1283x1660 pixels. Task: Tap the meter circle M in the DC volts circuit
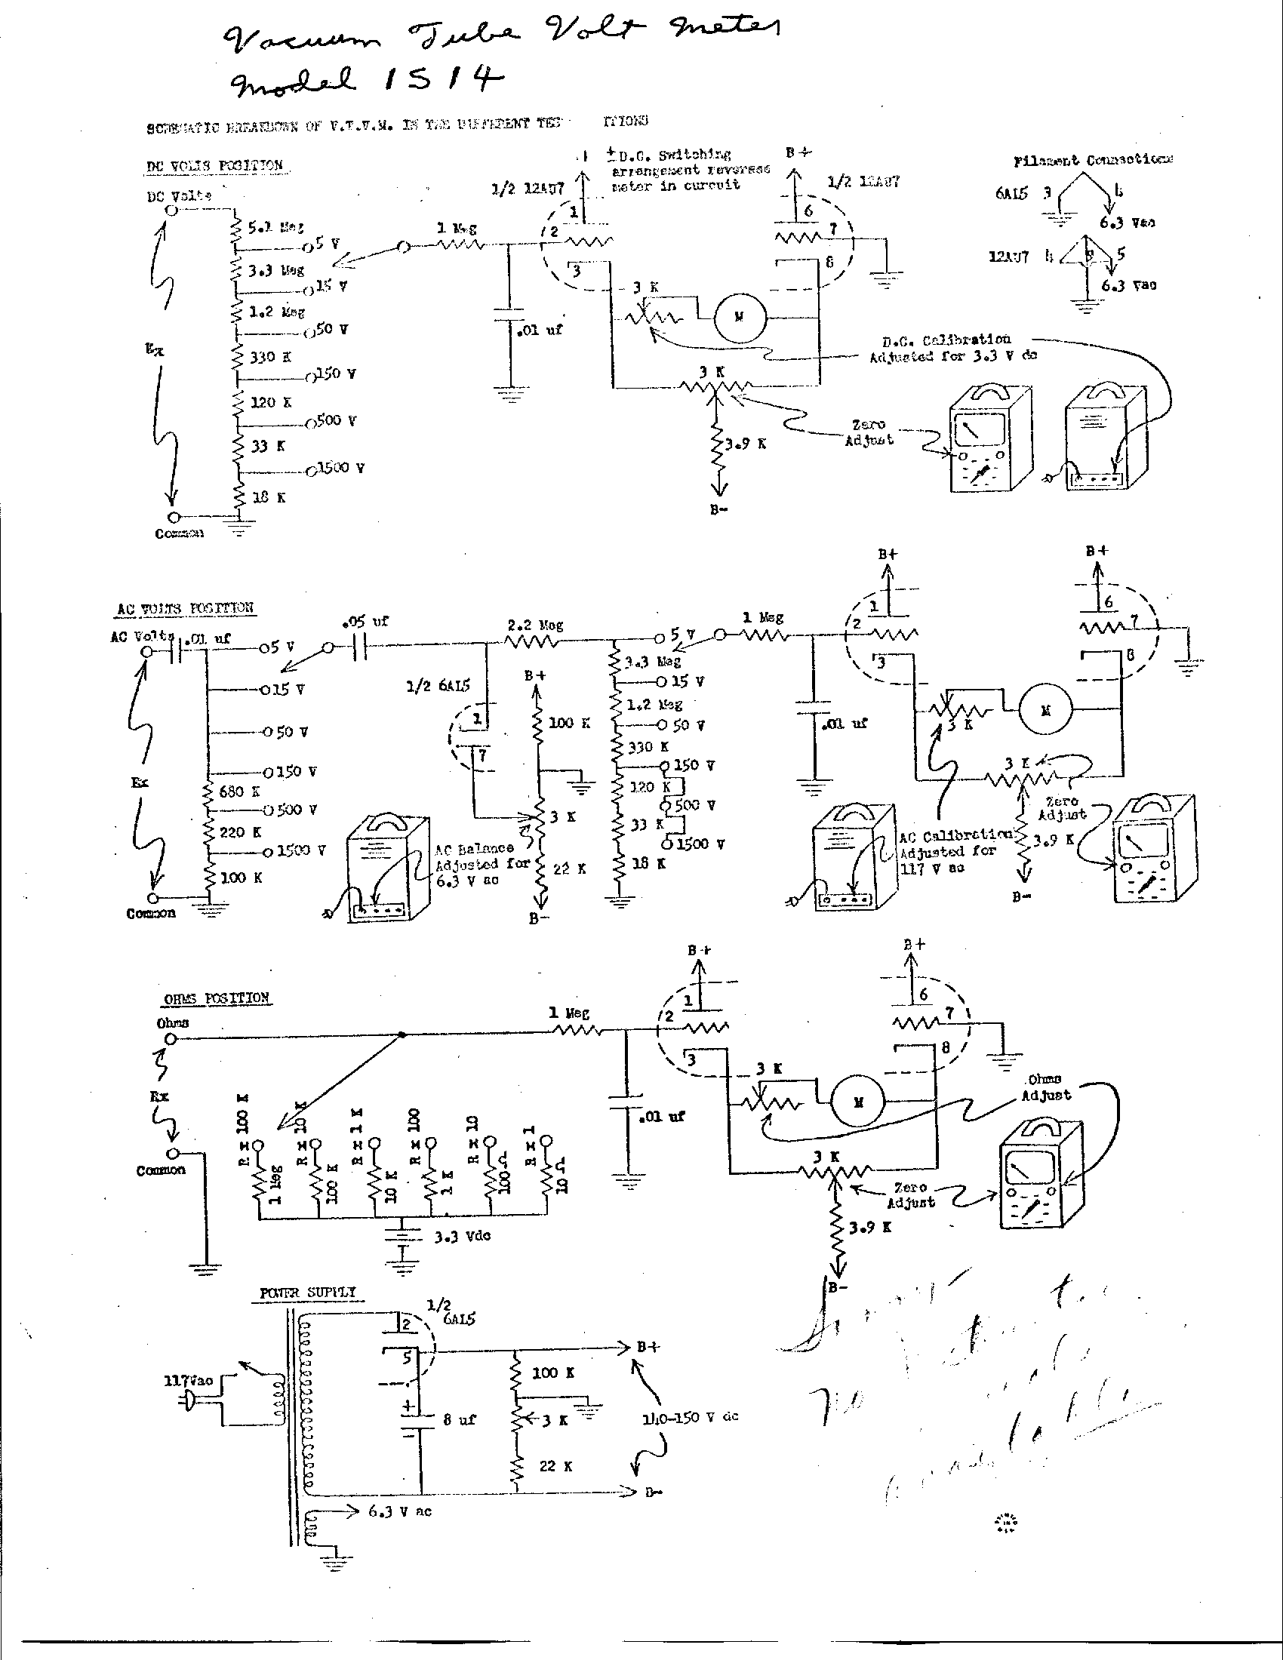[739, 317]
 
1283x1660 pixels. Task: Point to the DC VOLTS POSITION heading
[215, 166]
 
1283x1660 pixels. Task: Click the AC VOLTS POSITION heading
[186, 609]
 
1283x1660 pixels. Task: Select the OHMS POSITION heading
[217, 998]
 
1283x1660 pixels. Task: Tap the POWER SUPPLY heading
[308, 1293]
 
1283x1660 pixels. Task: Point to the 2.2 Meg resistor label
[535, 625]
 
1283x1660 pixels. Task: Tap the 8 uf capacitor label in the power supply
[460, 1419]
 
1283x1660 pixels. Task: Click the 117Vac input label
[189, 1380]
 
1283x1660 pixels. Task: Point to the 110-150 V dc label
[689, 1417]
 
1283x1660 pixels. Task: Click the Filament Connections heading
[1093, 161]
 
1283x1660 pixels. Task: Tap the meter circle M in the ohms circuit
[857, 1103]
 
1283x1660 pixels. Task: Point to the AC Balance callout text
[476, 864]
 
